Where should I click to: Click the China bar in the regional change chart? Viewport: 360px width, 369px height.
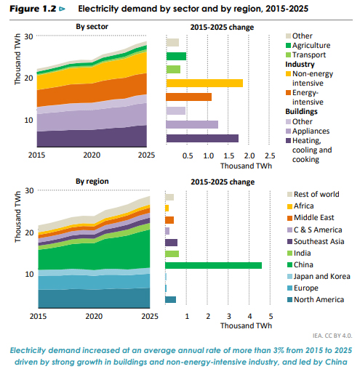point(213,265)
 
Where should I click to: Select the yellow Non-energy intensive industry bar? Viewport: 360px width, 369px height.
point(204,83)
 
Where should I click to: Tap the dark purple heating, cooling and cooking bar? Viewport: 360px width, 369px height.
point(202,138)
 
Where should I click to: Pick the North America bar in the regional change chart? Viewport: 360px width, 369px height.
point(170,299)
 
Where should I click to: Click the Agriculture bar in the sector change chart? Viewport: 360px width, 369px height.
point(176,56)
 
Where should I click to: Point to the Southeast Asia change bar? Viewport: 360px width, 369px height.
point(171,243)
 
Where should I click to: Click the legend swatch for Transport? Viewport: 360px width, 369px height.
point(288,55)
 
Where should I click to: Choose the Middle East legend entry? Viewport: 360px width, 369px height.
point(311,217)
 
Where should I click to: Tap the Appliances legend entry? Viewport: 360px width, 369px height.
point(308,131)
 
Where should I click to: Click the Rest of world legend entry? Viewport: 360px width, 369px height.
point(313,194)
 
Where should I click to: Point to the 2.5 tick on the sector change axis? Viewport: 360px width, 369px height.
point(270,155)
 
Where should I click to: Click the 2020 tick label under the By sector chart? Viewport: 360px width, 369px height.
point(92,155)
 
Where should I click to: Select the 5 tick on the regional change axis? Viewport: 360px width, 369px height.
point(271,316)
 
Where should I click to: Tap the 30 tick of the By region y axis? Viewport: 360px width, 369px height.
point(29,191)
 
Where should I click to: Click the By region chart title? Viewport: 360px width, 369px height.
point(92,181)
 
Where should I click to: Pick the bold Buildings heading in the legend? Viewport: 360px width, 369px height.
point(301,111)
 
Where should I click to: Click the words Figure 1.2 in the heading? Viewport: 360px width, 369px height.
point(33,9)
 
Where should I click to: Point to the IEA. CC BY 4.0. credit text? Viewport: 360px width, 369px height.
point(332,336)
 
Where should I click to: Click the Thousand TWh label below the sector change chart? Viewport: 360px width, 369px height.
point(246,166)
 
